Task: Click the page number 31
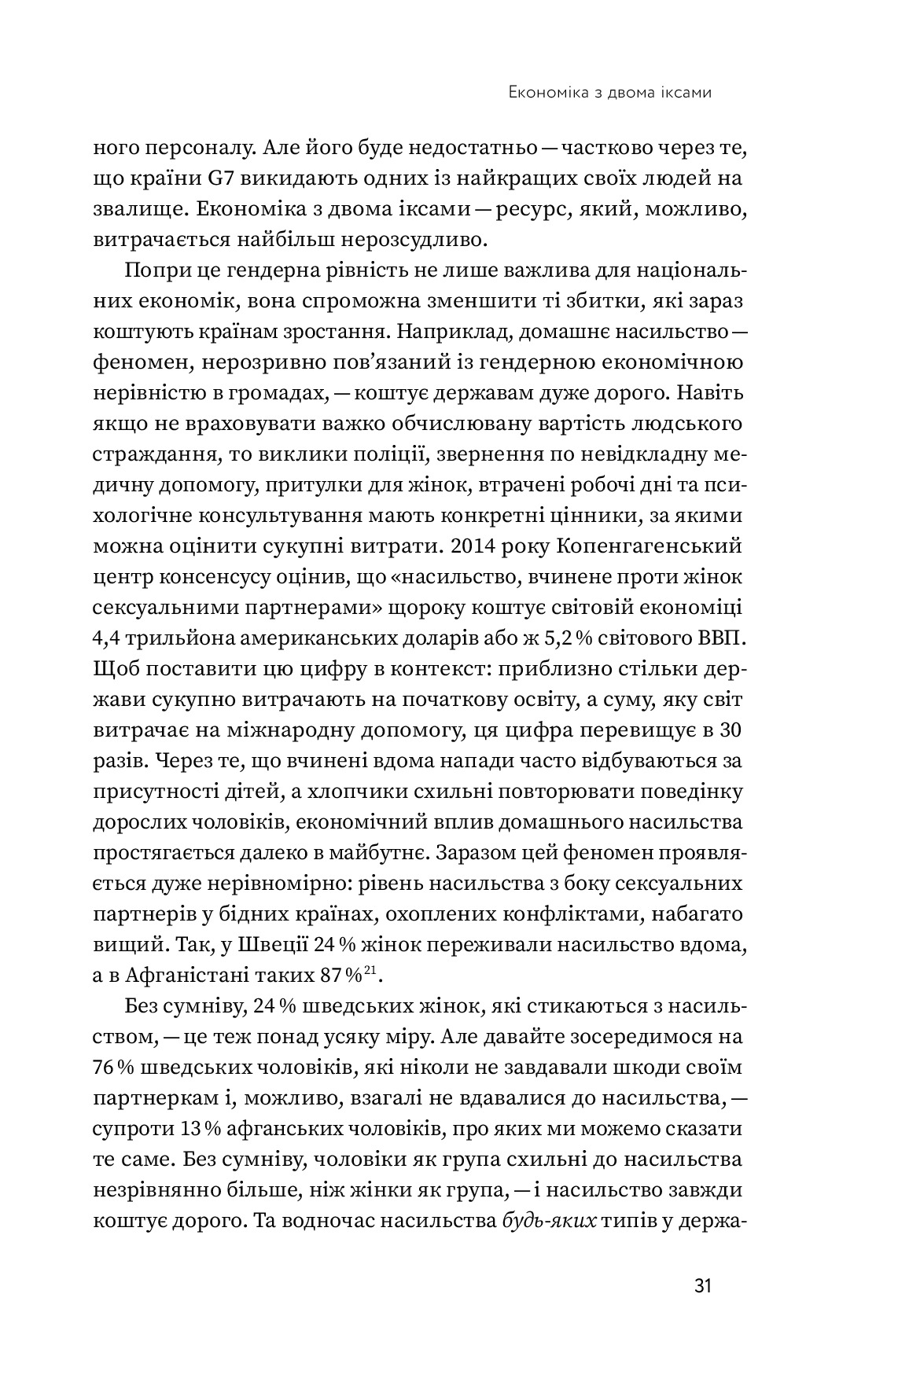(x=702, y=1287)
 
